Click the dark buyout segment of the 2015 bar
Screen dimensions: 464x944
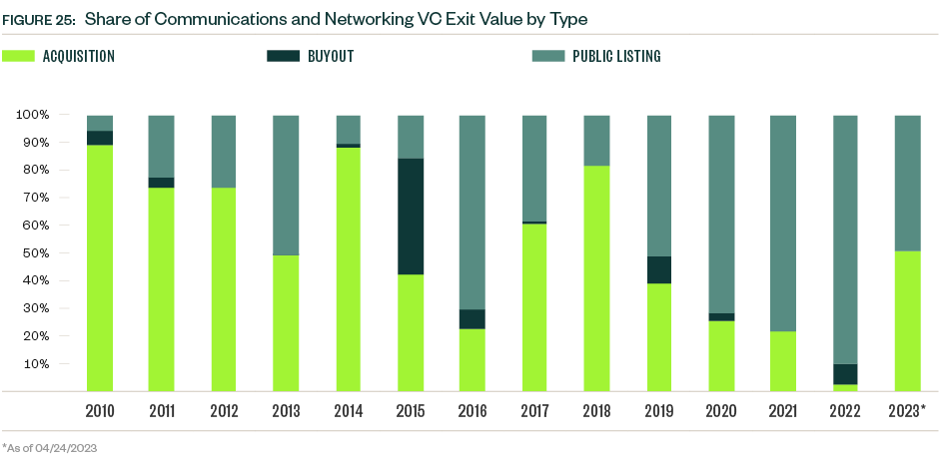pos(411,217)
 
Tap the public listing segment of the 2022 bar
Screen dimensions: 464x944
pos(845,239)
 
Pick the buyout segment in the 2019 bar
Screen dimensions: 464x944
pos(659,270)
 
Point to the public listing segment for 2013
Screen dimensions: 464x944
pos(286,185)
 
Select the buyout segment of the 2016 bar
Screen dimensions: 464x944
pos(472,319)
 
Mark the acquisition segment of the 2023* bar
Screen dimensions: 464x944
pos(907,320)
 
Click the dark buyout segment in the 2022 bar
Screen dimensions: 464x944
pos(845,374)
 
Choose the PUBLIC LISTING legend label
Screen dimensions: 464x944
pos(615,57)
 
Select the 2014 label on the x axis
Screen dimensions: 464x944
pos(349,411)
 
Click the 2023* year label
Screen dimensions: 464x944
pos(908,411)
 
